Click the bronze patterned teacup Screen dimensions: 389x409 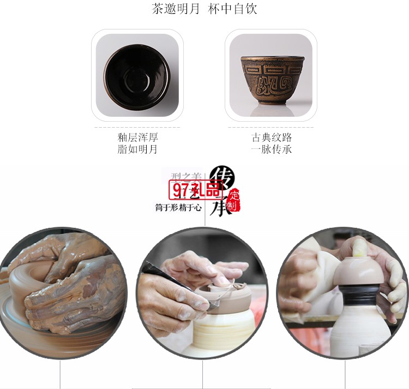click(x=270, y=80)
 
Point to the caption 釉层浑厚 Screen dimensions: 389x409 click(x=137, y=137)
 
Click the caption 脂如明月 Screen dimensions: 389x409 click(x=137, y=149)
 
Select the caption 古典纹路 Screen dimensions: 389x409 click(x=272, y=137)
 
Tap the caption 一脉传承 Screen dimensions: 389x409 click(x=272, y=149)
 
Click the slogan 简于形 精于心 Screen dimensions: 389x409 click(x=178, y=207)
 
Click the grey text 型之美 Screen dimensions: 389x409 click(x=186, y=176)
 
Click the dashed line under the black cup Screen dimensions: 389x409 click(x=137, y=127)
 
